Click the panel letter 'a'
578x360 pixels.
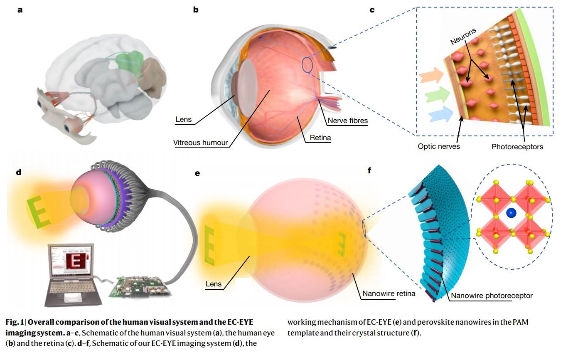point(20,10)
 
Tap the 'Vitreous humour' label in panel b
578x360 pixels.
point(200,143)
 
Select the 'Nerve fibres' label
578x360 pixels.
point(347,121)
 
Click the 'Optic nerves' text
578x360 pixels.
point(439,146)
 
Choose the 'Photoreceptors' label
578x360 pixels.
point(517,146)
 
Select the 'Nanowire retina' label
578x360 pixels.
point(389,293)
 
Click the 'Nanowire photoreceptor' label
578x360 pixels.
point(492,296)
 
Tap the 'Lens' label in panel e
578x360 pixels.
point(214,284)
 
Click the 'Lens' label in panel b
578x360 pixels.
point(183,119)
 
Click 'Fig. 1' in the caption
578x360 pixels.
point(14,322)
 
